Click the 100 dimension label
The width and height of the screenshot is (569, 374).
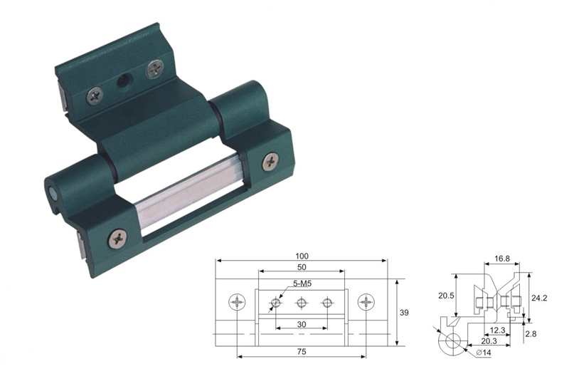click(302, 256)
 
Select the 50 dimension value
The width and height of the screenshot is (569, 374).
click(302, 267)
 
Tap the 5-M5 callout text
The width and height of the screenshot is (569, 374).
click(302, 284)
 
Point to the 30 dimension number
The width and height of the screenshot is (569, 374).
click(302, 324)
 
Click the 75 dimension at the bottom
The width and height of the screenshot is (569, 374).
click(302, 351)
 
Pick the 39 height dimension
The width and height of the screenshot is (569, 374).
click(403, 312)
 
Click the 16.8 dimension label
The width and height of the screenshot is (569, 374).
click(502, 259)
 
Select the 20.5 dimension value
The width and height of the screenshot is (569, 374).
click(446, 296)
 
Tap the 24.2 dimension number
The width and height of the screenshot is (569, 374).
click(539, 298)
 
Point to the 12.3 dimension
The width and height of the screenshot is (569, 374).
click(497, 331)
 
